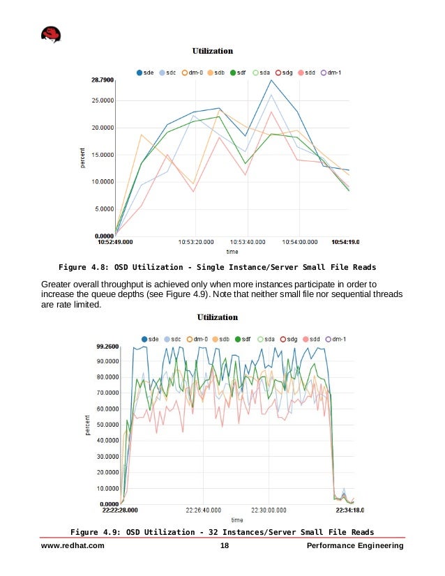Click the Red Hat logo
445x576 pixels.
click(51, 34)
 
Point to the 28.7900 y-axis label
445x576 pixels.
click(102, 81)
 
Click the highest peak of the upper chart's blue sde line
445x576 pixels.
click(271, 80)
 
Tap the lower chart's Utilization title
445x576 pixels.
click(218, 317)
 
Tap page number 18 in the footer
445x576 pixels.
click(224, 546)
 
